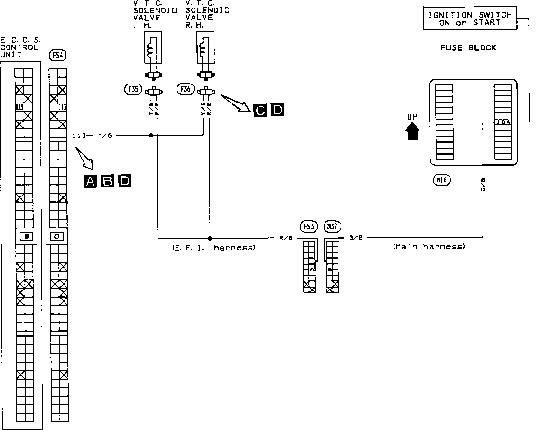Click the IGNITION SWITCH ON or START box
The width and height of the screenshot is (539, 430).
[x=470, y=19]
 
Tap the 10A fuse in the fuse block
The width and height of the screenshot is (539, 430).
[x=503, y=122]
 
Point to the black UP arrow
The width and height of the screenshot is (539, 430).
[x=412, y=129]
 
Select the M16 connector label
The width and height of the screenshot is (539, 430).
[x=442, y=180]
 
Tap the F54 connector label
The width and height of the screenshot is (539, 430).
[x=57, y=56]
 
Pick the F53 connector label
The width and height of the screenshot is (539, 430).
[x=309, y=226]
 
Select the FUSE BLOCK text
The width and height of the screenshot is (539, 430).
[x=462, y=47]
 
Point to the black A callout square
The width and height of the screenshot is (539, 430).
[x=90, y=181]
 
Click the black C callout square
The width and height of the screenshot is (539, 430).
[x=260, y=110]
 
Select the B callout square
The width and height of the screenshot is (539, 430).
[x=108, y=181]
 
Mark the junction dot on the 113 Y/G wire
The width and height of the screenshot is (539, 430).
[x=151, y=135]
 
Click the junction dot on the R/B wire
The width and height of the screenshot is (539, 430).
[x=210, y=238]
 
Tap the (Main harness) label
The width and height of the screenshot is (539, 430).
[x=429, y=247]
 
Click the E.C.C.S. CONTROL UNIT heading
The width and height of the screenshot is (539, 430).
[x=20, y=47]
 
